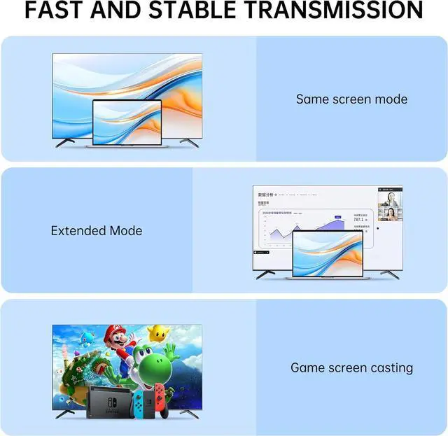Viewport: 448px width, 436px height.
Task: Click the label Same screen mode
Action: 351,99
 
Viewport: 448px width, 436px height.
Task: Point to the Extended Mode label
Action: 96,230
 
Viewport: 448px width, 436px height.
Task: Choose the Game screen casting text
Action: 351,367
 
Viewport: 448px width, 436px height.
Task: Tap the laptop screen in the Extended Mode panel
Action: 328,253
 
